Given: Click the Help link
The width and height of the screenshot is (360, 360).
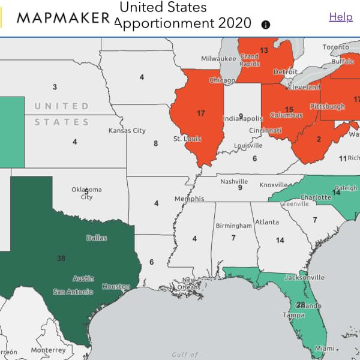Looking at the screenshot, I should [341, 17].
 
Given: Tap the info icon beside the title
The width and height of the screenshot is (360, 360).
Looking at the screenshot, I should [266, 25].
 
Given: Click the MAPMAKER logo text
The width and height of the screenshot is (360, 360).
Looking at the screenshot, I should [63, 17].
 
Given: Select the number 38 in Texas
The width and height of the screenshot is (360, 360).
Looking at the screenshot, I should [61, 259].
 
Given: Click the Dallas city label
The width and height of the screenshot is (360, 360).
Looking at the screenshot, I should [97, 238].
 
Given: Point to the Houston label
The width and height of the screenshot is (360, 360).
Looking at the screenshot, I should [116, 287].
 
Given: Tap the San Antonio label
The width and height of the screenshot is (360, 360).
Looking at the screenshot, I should [73, 292].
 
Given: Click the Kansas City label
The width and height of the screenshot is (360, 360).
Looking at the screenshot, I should [127, 130].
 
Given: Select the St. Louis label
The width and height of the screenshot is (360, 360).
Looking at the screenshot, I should [187, 139].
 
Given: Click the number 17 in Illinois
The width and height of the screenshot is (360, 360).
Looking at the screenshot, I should [201, 113].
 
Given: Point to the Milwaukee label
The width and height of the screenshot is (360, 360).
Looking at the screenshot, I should [219, 59].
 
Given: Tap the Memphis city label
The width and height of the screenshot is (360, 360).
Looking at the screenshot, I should [189, 199].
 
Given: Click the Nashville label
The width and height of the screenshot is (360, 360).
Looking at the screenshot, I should [234, 181].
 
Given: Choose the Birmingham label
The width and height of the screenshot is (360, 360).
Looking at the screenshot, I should [233, 226].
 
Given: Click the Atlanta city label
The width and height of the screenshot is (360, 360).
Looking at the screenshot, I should [266, 222].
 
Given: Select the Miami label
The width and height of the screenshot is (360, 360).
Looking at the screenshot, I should [324, 349].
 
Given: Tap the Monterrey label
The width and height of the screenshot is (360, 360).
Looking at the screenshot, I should [48, 350].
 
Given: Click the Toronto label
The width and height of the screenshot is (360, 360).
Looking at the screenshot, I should [335, 47].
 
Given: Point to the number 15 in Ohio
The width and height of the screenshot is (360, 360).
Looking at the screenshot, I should [289, 109].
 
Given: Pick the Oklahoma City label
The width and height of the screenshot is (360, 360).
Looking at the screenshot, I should [86, 193].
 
